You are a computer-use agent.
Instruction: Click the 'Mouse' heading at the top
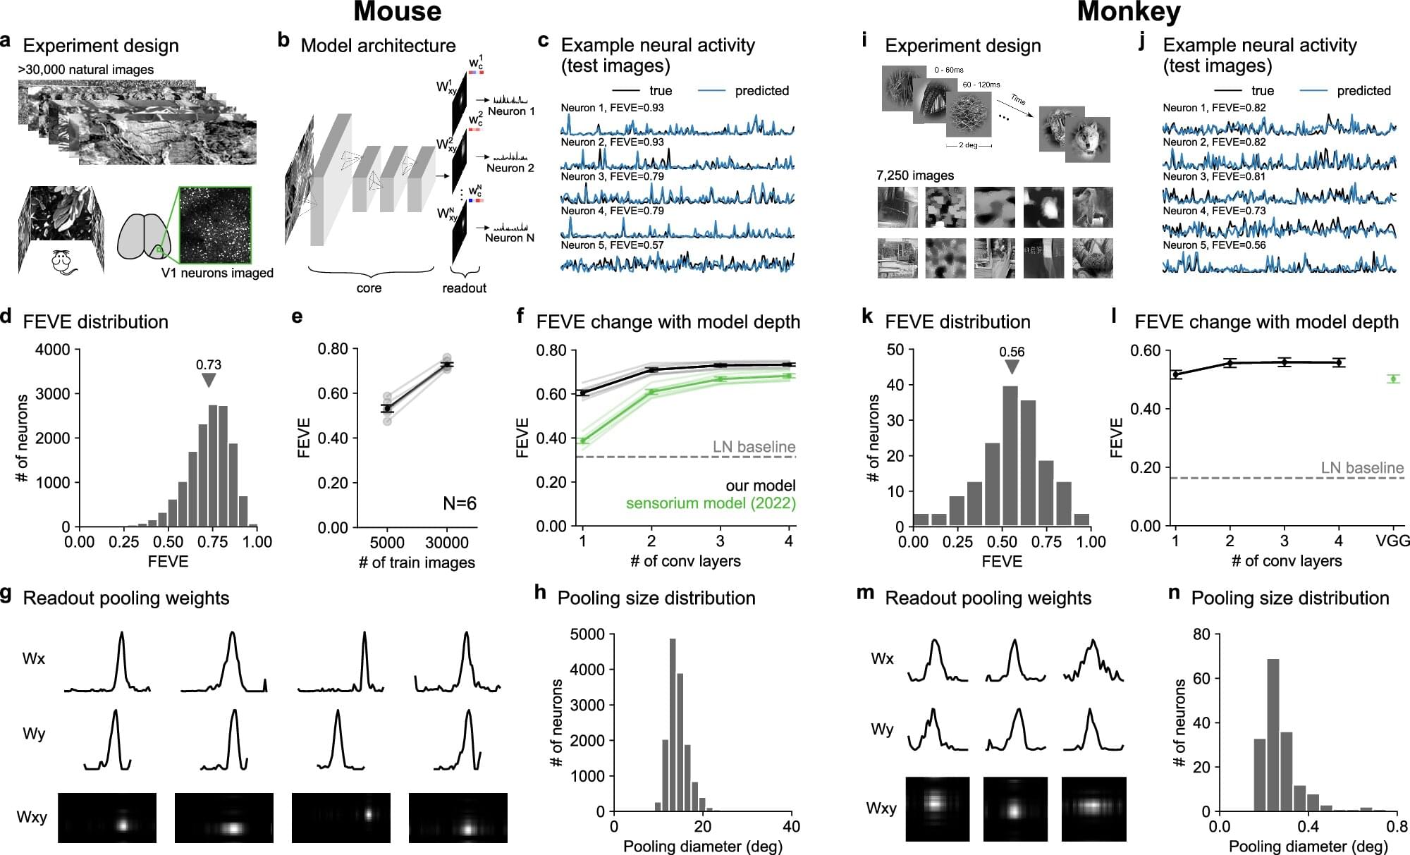click(398, 12)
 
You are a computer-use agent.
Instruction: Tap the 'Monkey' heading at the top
click(1129, 12)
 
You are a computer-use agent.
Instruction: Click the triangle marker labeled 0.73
click(208, 380)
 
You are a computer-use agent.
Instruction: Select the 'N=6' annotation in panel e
click(460, 503)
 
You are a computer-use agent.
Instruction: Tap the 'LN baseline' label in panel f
click(754, 447)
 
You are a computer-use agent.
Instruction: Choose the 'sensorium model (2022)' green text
click(711, 503)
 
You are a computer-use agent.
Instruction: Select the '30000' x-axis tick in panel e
click(447, 542)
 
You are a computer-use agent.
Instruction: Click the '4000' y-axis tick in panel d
click(53, 350)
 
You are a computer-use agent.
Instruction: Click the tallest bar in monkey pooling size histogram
click(1273, 734)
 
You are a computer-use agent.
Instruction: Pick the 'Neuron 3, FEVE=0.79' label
click(612, 176)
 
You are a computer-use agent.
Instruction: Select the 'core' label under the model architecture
click(369, 288)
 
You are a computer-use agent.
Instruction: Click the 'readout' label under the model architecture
click(464, 288)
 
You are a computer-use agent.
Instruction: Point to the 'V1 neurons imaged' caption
click(217, 273)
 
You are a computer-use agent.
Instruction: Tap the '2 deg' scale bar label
click(968, 146)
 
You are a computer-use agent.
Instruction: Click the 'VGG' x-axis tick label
click(1393, 541)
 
